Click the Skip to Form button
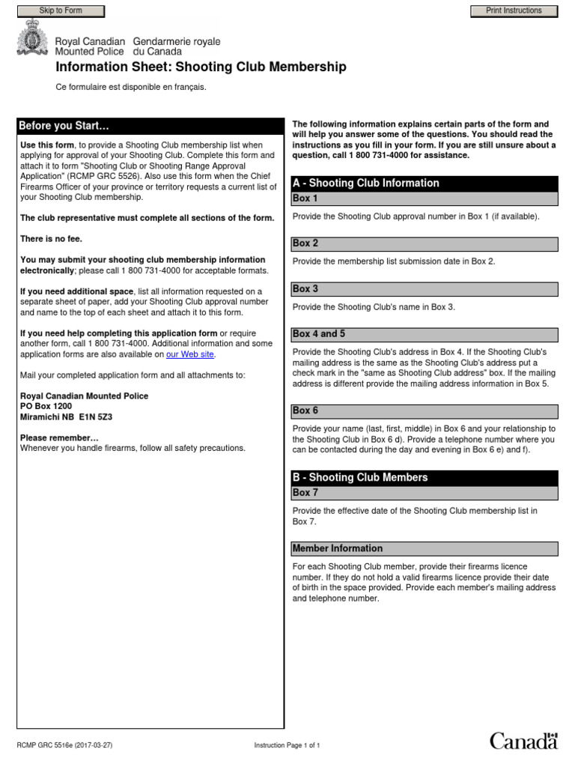pos(61,10)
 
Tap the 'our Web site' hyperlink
pos(190,354)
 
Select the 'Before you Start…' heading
pos(64,126)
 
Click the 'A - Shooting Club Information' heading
pos(365,184)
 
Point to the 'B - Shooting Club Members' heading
pos(360,477)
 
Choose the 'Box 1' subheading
pos(305,198)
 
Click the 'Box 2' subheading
pos(305,243)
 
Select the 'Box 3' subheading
pos(305,288)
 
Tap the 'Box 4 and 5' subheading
pos(319,334)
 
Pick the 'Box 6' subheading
pos(305,410)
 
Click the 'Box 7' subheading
pos(305,493)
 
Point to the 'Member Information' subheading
pos(338,548)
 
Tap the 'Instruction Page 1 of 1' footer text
pos(287,745)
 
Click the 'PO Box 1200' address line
pos(46,406)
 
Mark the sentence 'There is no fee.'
pos(51,239)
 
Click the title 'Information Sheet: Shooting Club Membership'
pos(201,67)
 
